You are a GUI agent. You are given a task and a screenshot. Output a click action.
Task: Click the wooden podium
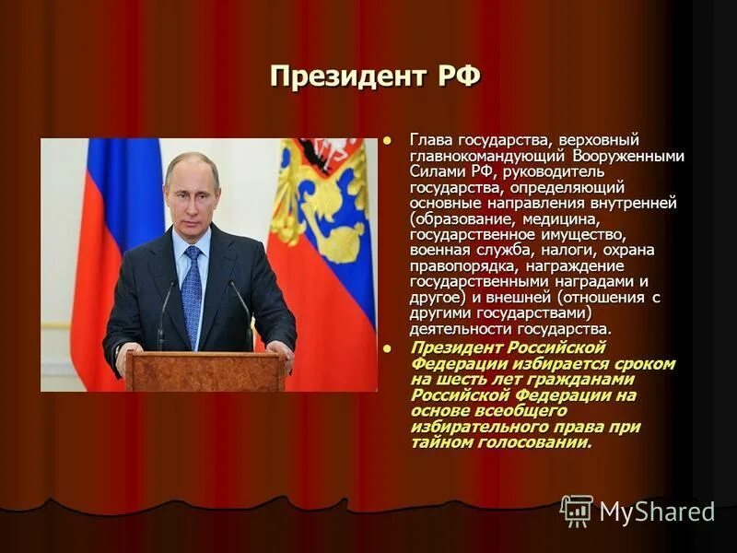tap(205, 371)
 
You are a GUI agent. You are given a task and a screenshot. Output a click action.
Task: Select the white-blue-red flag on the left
tap(101, 258)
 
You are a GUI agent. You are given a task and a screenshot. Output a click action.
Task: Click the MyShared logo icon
tap(577, 511)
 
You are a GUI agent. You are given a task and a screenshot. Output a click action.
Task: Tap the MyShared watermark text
tap(657, 512)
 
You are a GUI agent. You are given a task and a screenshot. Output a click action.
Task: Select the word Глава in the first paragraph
tap(429, 140)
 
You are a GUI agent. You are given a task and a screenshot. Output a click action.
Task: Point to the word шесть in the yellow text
tap(452, 379)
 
